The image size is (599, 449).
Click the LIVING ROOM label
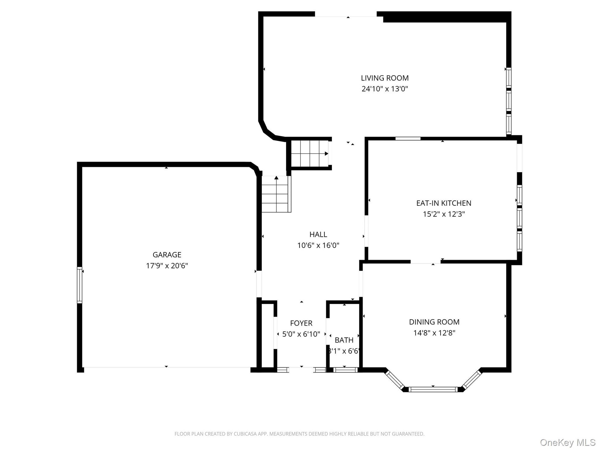[x=385, y=78]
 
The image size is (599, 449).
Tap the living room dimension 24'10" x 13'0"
[x=385, y=89]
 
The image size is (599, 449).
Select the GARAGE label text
[x=167, y=255]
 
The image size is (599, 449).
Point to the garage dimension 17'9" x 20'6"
[x=167, y=266]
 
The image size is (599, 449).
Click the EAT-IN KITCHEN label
[x=444, y=203]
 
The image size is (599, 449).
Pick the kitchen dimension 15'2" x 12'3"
[x=444, y=214]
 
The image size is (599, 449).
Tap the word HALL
[x=318, y=234]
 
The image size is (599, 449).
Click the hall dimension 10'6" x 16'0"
[x=318, y=245]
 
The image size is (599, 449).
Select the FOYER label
[x=301, y=323]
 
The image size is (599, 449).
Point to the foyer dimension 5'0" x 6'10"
[x=301, y=334]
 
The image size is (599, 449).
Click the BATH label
[x=344, y=340]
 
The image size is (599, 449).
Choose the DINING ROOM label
[x=434, y=322]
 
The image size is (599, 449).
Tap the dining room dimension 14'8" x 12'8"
[x=434, y=333]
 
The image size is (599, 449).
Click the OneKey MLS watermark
[x=568, y=442]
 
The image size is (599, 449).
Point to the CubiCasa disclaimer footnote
[x=299, y=434]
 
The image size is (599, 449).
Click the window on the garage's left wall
[x=80, y=285]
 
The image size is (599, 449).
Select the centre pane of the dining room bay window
[x=433, y=389]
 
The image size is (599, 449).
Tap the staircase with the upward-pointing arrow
[x=276, y=194]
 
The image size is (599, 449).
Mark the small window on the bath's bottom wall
[x=346, y=370]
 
